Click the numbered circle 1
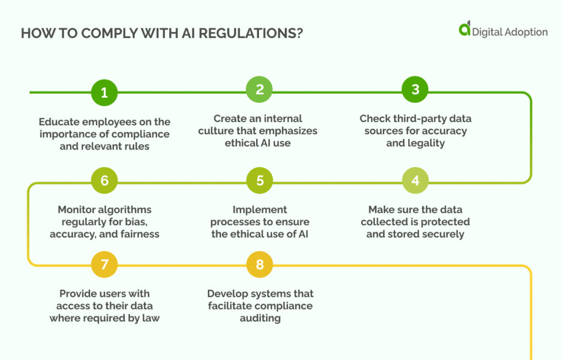[x=104, y=92]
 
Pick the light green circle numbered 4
[x=415, y=181]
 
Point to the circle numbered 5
[x=260, y=181]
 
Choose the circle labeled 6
[x=104, y=181]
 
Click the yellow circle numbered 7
[x=104, y=265]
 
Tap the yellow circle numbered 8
[x=260, y=265]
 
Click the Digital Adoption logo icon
[x=465, y=29]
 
